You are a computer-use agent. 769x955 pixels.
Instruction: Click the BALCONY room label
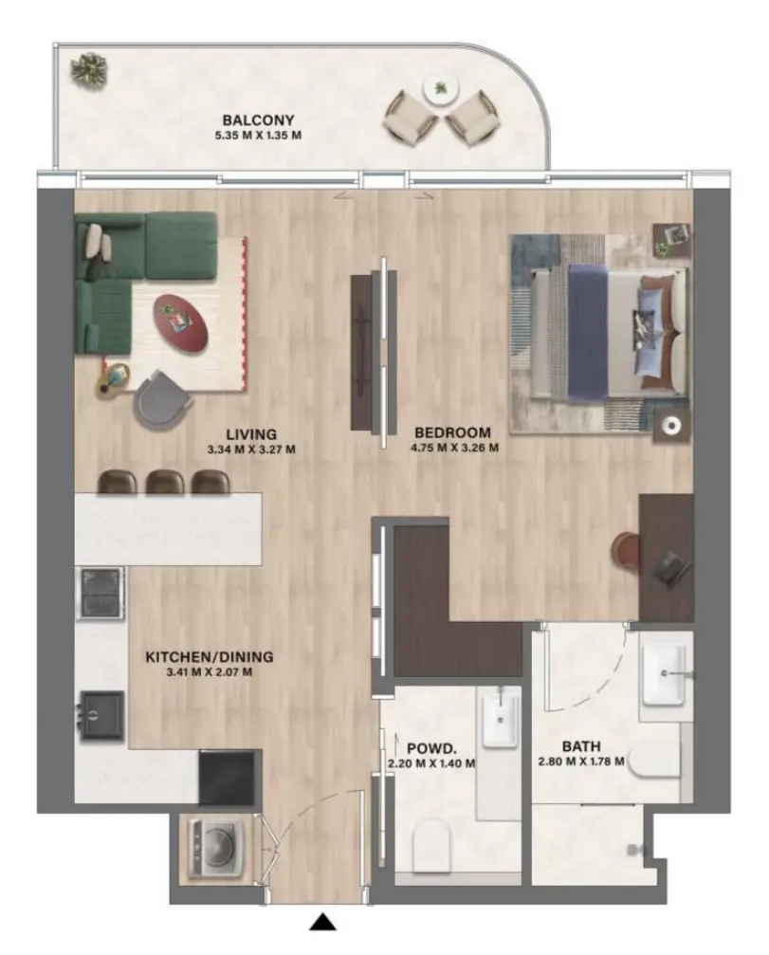(258, 119)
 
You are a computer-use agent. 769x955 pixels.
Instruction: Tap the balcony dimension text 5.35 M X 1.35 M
(258, 136)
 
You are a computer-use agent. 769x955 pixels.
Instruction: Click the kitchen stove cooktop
(100, 594)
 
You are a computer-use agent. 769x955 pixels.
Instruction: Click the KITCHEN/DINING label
(209, 656)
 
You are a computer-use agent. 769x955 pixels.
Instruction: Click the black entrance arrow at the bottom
(323, 921)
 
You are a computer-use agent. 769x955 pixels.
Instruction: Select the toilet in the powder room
(434, 842)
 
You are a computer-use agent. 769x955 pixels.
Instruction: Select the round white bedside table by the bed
(671, 426)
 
